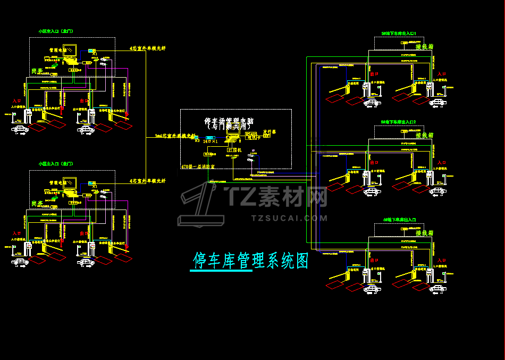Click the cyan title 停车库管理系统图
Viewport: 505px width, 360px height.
point(250,261)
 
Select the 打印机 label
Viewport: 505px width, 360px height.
point(234,150)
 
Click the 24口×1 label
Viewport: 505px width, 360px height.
point(211,141)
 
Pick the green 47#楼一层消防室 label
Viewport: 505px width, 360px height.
point(198,167)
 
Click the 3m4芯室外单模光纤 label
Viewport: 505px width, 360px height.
point(175,136)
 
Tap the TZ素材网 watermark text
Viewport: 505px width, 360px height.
point(276,197)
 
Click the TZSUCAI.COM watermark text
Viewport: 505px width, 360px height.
point(289,217)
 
